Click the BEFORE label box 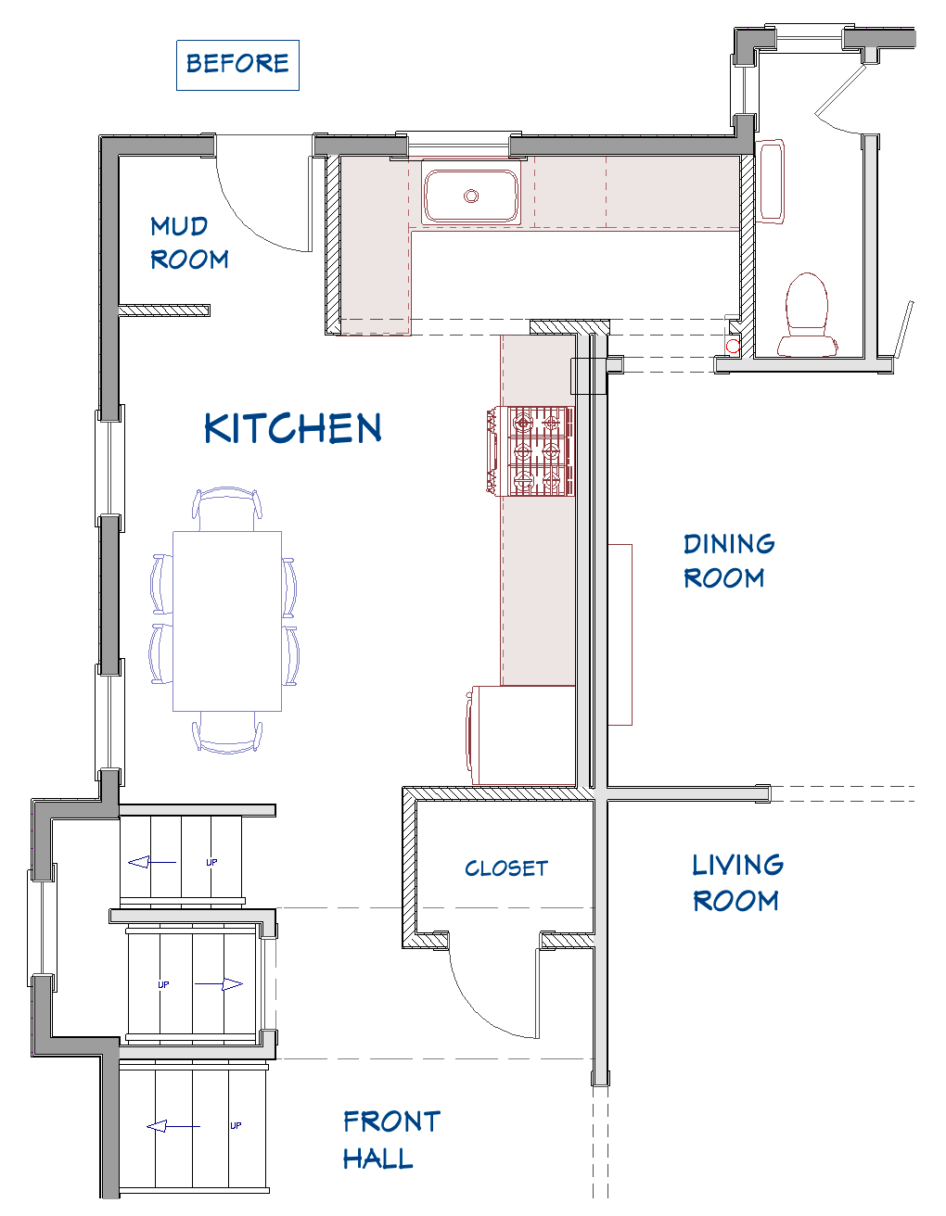(238, 65)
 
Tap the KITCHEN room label (293, 428)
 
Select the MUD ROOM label (189, 243)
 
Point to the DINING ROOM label (729, 561)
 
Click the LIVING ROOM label (737, 882)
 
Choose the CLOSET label (506, 868)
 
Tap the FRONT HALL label (391, 1140)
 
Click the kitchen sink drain (471, 196)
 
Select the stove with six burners (531, 451)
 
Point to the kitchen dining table (226, 621)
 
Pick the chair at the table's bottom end (226, 734)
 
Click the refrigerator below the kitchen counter (520, 735)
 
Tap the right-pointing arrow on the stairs (219, 984)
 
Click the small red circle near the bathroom (733, 347)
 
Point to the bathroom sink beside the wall (770, 182)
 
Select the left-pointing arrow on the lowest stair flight (173, 1126)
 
